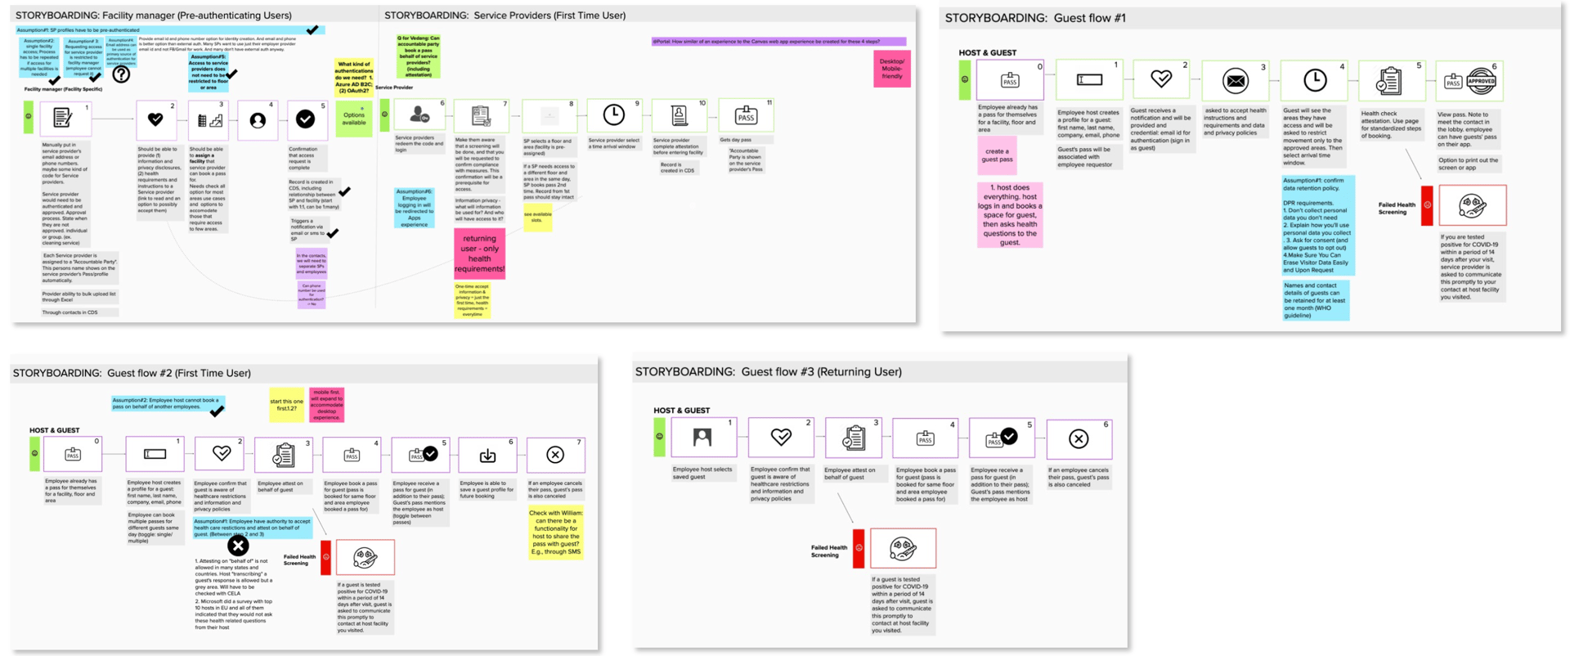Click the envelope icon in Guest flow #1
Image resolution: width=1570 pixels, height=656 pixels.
tap(1236, 80)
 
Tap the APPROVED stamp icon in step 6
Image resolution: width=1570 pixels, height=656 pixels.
tap(1481, 81)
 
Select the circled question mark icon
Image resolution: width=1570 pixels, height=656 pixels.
tap(121, 74)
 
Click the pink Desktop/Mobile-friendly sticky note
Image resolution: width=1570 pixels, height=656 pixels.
tap(891, 69)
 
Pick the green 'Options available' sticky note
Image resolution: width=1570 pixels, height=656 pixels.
tap(353, 118)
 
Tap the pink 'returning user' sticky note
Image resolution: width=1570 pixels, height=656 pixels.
tap(479, 254)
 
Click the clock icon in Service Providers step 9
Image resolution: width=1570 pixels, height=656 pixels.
tap(613, 115)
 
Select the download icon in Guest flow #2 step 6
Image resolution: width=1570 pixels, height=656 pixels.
tap(487, 456)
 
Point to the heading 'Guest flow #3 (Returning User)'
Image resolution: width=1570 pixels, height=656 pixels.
tap(768, 371)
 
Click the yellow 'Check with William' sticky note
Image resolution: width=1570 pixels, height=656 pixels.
tap(555, 532)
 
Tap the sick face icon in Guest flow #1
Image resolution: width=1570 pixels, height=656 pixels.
tap(1472, 205)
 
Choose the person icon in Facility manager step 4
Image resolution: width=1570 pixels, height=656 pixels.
tap(258, 120)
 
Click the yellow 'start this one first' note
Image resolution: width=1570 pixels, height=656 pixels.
tap(286, 404)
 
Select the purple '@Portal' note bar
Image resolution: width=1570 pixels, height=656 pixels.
tap(778, 42)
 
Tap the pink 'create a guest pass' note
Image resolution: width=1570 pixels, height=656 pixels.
tap(996, 155)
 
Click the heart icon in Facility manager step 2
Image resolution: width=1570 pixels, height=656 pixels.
tap(155, 119)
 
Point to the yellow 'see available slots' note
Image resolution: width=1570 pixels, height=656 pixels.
tap(537, 218)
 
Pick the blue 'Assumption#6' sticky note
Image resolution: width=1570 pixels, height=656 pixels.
tap(414, 208)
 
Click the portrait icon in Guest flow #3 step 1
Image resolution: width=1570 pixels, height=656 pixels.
tap(702, 438)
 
